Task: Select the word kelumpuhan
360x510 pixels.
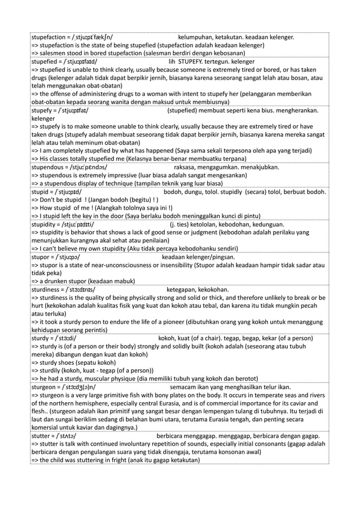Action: click(196, 38)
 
